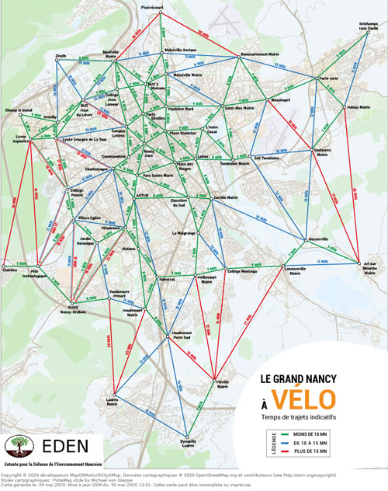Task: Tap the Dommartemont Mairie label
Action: pos(259,54)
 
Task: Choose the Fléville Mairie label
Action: pos(223,385)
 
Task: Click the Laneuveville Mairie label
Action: pos(291,269)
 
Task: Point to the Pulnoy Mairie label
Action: pos(359,107)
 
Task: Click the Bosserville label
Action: pos(319,239)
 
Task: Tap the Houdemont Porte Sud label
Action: pos(182,336)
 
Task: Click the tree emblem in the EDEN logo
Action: pos(18,447)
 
